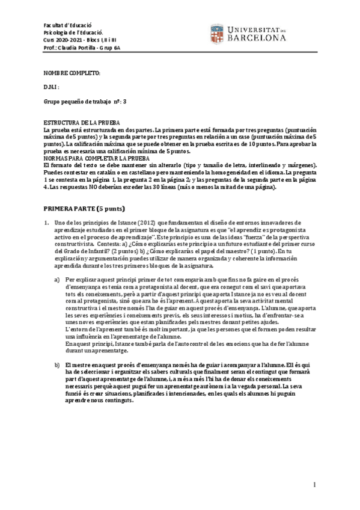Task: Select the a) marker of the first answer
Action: [57, 280]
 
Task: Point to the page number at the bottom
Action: [314, 485]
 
